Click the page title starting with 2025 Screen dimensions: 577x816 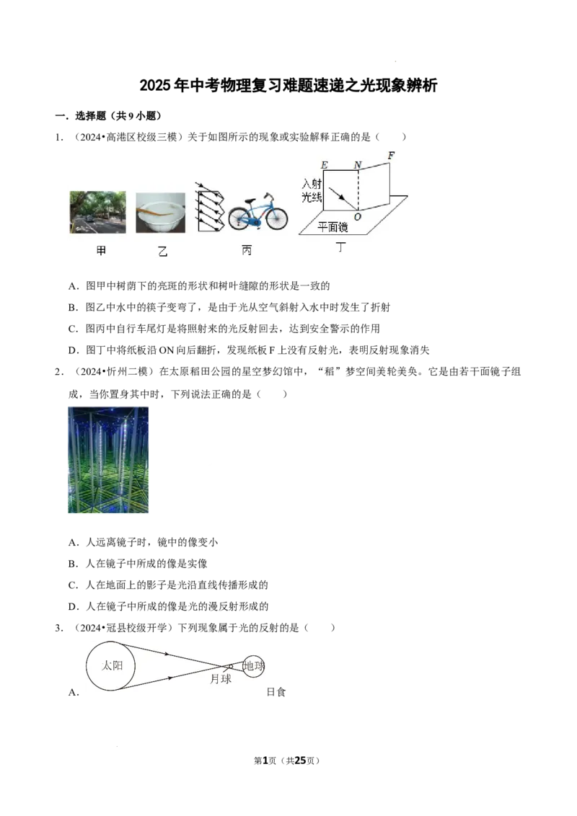pos(288,85)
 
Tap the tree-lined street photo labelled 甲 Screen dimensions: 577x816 pos(98,213)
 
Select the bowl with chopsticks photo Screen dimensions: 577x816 pos(160,213)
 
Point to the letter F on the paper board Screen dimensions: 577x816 pos(391,155)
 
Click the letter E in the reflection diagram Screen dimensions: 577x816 pos(325,165)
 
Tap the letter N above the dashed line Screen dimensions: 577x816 pos(357,165)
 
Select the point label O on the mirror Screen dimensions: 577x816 pos(358,217)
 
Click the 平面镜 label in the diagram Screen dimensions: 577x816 pos(332,227)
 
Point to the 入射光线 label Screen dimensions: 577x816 pos(312,190)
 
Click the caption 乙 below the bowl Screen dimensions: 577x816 pos(162,252)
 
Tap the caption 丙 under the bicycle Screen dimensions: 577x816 pos(247,250)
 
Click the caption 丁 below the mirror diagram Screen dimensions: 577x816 pos(341,247)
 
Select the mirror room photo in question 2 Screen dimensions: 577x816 pos(108,460)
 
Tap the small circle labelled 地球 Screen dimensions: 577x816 pos(253,665)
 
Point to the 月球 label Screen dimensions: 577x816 pos(221,679)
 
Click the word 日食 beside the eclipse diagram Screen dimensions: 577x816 pos(276,692)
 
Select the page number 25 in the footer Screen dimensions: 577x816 pos(300,760)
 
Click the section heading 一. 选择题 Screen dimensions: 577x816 pos(108,116)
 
